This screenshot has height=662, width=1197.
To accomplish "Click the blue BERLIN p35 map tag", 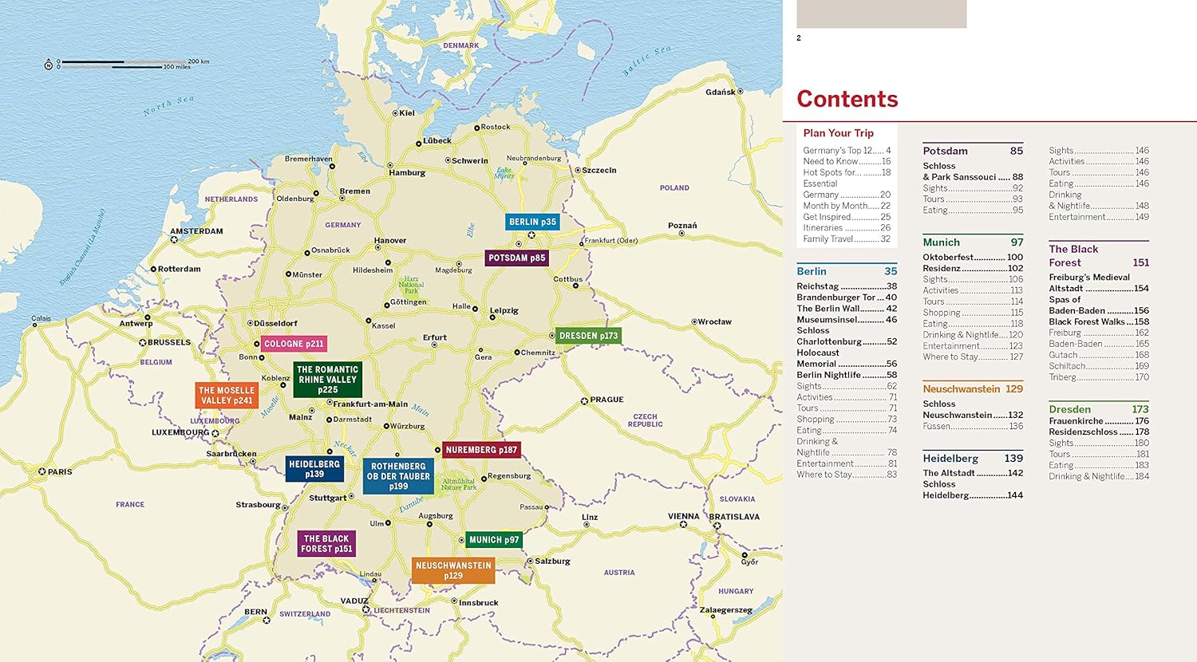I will coord(532,222).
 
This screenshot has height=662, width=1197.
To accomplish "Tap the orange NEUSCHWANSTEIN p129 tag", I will coord(453,570).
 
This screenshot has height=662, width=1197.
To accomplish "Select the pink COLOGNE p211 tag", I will coord(294,344).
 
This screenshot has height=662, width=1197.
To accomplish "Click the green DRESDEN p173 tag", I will coord(588,336).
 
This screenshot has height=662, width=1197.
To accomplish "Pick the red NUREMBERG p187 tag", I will coord(480,450).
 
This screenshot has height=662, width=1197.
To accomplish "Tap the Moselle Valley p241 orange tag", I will coord(227,396).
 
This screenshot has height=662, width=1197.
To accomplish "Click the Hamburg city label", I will coord(407,172).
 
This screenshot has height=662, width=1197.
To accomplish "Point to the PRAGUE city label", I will coord(606,400).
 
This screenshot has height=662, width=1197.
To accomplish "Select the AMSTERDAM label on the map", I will coord(196,231).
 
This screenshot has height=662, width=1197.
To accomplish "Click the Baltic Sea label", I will coord(647,61).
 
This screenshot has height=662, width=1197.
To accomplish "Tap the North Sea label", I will coord(169,105).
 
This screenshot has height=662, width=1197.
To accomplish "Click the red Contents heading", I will coord(847,99).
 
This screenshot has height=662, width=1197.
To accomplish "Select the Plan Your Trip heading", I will coord(838,133).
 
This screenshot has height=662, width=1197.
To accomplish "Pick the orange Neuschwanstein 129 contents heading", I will coord(972,389).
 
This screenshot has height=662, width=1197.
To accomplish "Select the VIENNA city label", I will coord(684,516).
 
